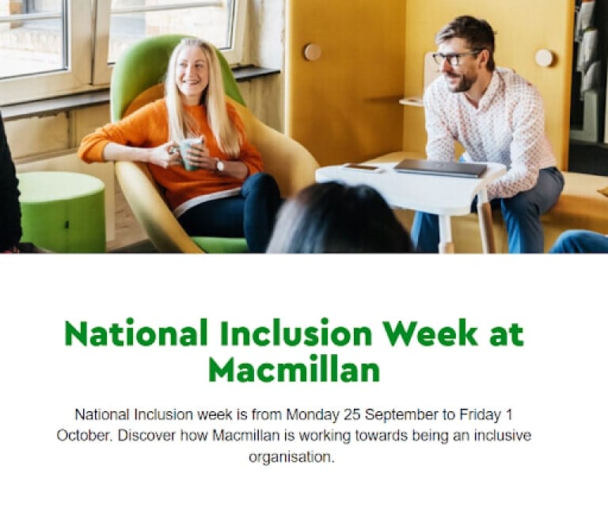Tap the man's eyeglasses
(454, 57)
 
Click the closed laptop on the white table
(439, 167)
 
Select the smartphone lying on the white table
(362, 167)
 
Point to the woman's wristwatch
(218, 166)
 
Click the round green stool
(61, 209)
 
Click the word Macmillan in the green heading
(294, 369)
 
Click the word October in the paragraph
(82, 436)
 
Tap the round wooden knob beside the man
(545, 57)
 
